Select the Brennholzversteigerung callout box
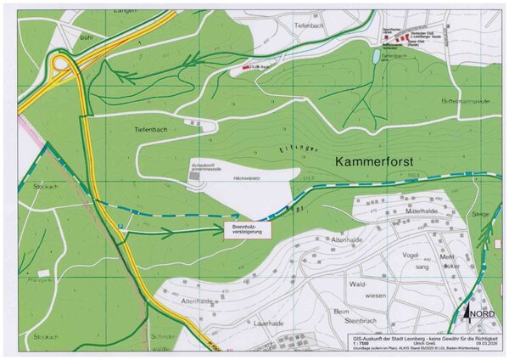point(249,228)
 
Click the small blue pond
point(376,57)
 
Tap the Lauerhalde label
point(267,323)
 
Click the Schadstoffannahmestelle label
point(210,166)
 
